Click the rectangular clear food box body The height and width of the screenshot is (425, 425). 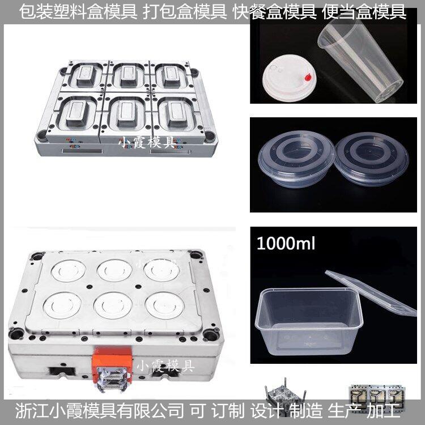(309, 320)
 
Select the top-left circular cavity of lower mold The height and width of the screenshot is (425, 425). (68, 270)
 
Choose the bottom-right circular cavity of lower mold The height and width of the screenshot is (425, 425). (164, 305)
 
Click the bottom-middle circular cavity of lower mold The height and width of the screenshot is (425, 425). (113, 305)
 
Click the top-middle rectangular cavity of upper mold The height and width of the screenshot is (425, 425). (127, 76)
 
